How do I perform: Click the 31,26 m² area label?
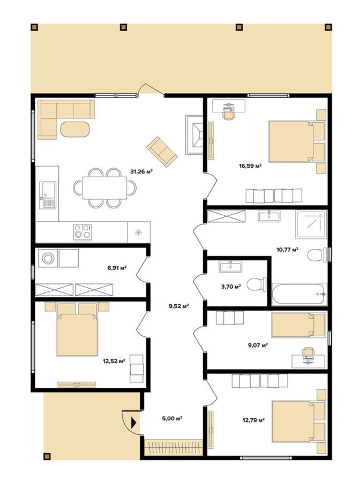click(x=141, y=171)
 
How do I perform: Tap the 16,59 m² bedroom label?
click(x=250, y=166)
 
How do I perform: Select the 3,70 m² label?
click(x=231, y=287)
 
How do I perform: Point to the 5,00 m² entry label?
click(x=172, y=418)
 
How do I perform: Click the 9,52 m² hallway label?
click(x=178, y=306)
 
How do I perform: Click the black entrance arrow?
click(x=134, y=423)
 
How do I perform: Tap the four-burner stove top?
click(x=82, y=232)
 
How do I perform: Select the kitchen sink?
click(x=48, y=195)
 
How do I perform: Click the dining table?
click(x=104, y=188)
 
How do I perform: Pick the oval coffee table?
click(x=75, y=130)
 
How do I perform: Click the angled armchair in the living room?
click(x=162, y=152)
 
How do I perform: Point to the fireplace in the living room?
click(x=194, y=135)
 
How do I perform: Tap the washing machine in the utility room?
click(x=48, y=258)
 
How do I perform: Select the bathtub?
click(x=299, y=295)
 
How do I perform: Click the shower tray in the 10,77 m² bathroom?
click(x=311, y=224)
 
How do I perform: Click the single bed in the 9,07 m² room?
click(x=298, y=325)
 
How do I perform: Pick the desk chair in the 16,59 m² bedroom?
click(x=228, y=115)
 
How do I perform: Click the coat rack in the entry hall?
click(x=174, y=447)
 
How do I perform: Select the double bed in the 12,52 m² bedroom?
click(x=77, y=329)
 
